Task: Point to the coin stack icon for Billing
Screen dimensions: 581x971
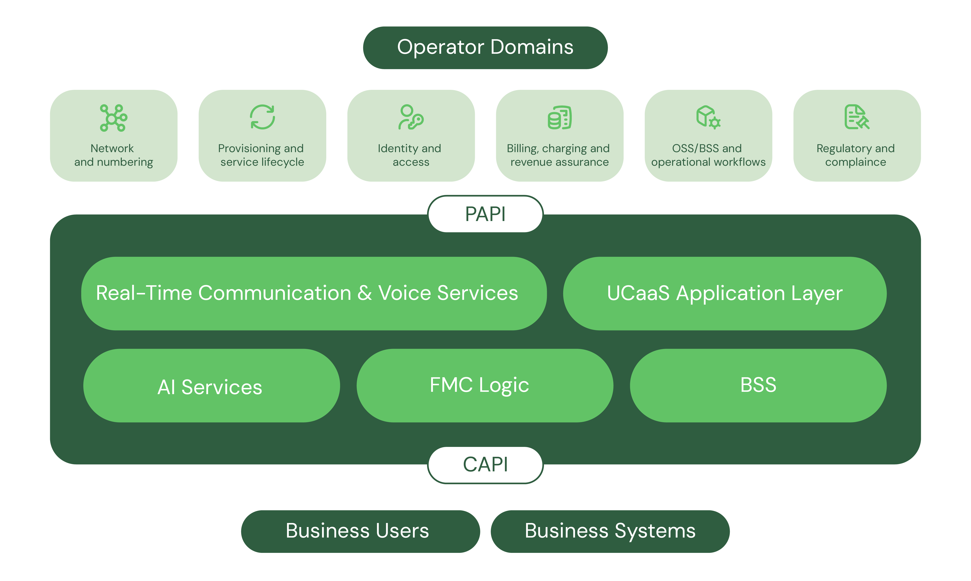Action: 559,117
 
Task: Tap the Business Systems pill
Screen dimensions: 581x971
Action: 610,531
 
